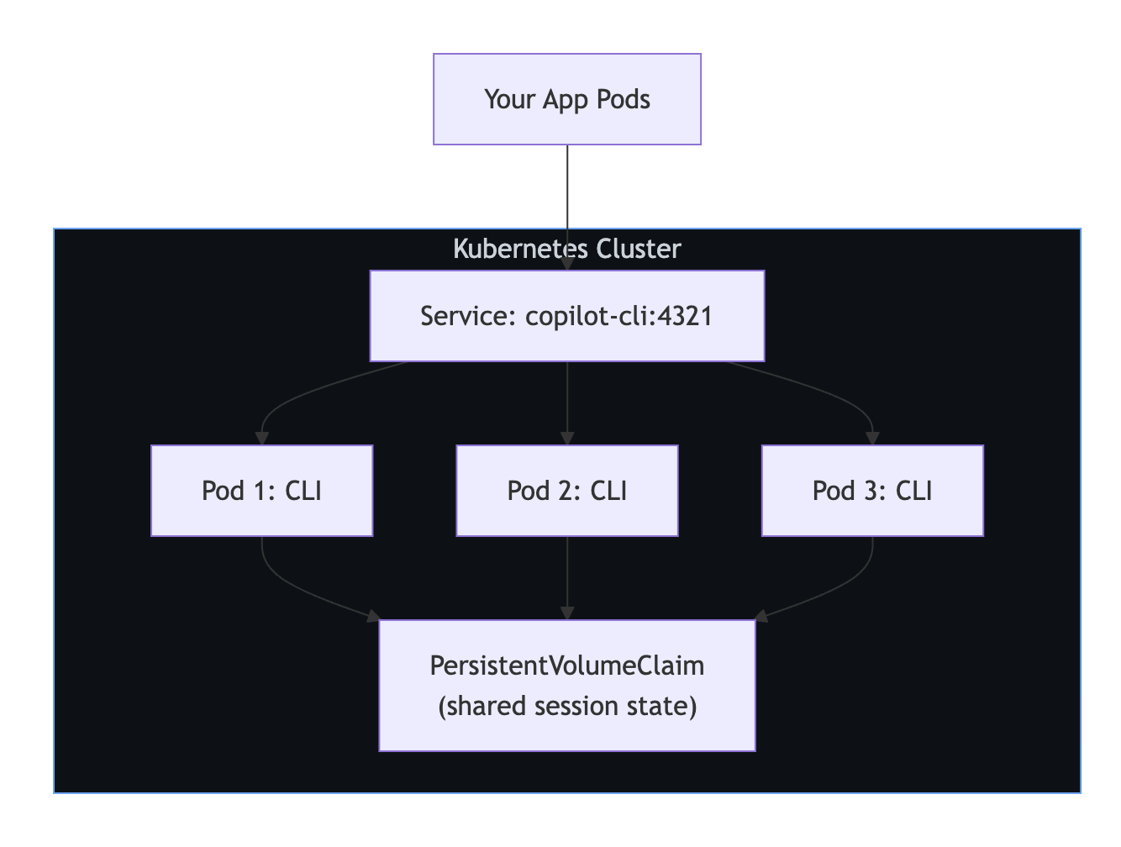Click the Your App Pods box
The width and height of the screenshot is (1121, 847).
click(x=566, y=99)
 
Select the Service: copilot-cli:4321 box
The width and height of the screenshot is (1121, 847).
click(x=566, y=316)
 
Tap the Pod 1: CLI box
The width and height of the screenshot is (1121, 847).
click(x=261, y=491)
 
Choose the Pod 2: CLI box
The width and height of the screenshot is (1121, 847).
click(x=566, y=491)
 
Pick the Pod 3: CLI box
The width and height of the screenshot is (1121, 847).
click(x=871, y=491)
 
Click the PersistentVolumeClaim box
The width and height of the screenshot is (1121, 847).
click(x=566, y=685)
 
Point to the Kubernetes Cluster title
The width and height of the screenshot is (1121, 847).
click(x=566, y=249)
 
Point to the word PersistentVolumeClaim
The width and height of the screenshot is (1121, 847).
click(x=566, y=665)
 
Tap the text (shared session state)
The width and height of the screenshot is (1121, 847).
click(x=566, y=706)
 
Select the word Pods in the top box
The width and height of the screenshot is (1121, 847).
click(x=623, y=99)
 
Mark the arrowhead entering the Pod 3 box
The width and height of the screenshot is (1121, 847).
click(x=872, y=438)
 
